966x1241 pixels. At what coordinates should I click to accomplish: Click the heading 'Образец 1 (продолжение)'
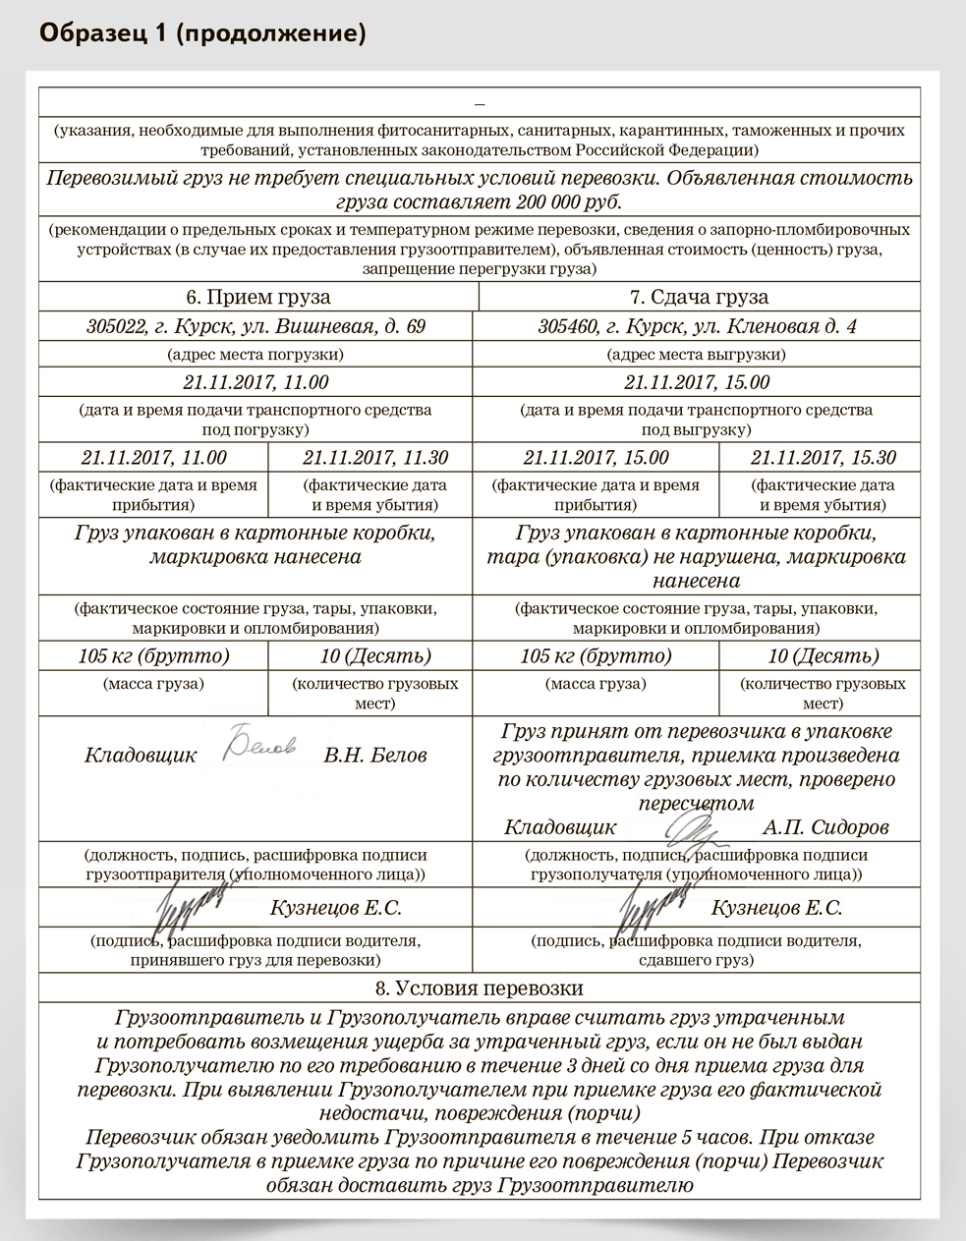202,34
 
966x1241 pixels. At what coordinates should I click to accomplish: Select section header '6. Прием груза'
258,297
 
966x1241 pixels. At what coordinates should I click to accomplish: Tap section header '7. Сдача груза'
699,297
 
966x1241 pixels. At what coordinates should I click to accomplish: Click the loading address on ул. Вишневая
256,326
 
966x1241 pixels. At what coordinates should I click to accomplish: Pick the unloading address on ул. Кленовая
697,326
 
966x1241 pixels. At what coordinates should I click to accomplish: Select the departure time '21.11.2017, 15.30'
824,457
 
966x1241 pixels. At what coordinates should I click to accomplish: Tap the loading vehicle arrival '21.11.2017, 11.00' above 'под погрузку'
256,382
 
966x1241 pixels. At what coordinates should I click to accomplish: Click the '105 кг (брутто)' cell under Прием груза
153,655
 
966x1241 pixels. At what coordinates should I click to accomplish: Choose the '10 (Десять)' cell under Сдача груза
824,655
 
